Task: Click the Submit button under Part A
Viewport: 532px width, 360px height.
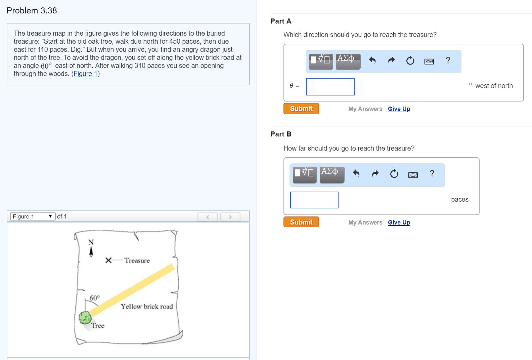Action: tap(301, 109)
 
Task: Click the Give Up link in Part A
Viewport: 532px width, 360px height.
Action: tap(399, 109)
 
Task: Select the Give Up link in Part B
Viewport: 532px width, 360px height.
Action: tap(399, 223)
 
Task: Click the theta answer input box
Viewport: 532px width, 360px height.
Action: tap(330, 87)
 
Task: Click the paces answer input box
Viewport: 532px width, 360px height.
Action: tap(314, 200)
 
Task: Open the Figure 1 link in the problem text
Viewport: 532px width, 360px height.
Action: tap(86, 74)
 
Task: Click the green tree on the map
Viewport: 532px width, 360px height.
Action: tap(85, 317)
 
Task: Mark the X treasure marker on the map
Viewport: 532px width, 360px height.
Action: tap(108, 260)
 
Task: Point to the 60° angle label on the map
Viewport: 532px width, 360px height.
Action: tap(95, 298)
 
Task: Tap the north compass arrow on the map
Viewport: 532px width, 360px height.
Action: tap(91, 252)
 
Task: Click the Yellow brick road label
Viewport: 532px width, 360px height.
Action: tap(147, 307)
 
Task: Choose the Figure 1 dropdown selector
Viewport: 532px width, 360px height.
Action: tap(33, 216)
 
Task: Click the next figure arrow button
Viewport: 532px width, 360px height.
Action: tap(230, 217)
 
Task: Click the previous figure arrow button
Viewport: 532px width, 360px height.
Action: tap(208, 217)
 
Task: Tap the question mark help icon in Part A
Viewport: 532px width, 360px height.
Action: tap(448, 61)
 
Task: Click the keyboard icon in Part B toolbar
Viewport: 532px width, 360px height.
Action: tap(413, 175)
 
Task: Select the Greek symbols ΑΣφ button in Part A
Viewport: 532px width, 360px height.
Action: tap(348, 62)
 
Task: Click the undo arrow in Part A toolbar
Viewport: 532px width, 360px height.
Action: tap(372, 61)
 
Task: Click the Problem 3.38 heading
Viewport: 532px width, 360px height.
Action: tap(32, 10)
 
